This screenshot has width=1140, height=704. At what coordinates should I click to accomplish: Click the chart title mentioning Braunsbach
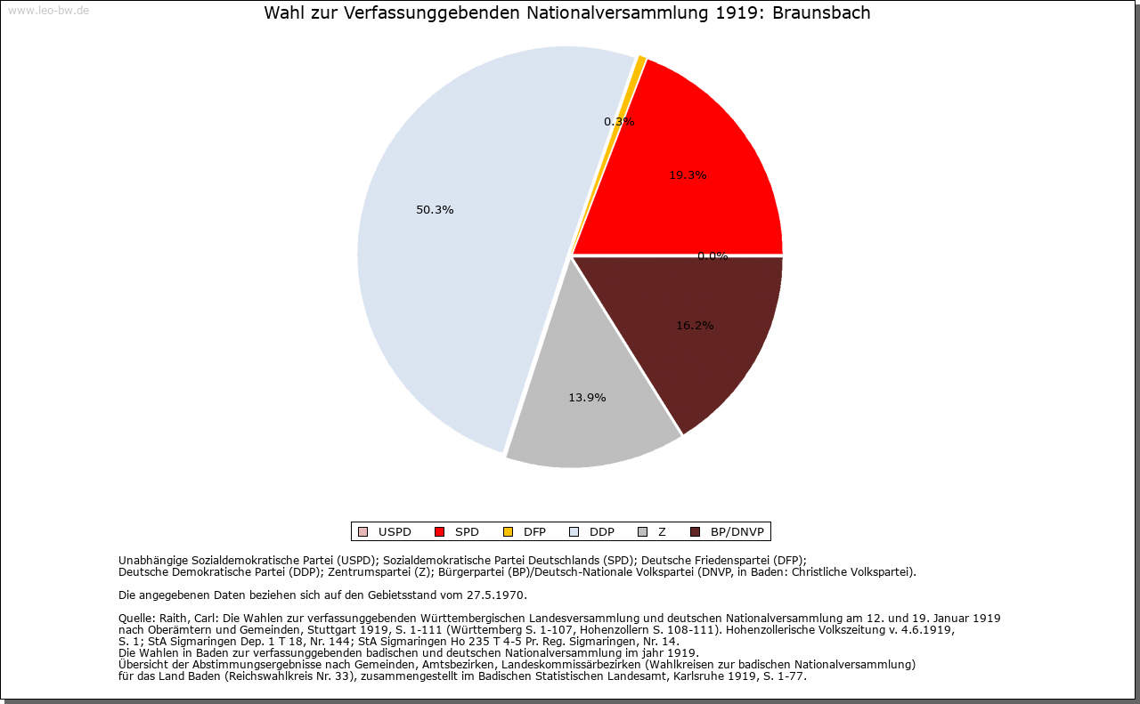[567, 13]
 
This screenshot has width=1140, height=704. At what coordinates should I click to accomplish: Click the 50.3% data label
[435, 210]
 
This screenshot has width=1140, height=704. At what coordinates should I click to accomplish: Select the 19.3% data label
[688, 175]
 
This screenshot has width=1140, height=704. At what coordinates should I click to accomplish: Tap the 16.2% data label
[695, 326]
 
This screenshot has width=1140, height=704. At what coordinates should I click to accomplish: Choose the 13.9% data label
[587, 398]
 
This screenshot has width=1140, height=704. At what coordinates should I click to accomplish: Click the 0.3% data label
[619, 122]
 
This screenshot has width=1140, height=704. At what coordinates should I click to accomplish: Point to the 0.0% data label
[712, 256]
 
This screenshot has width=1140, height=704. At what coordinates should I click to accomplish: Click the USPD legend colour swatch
[362, 532]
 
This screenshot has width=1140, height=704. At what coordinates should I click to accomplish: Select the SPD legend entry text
[467, 532]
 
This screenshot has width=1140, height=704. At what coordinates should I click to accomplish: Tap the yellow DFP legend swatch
[508, 532]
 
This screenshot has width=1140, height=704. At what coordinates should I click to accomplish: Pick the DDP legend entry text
[602, 532]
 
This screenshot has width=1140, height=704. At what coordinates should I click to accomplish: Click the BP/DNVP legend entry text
[737, 532]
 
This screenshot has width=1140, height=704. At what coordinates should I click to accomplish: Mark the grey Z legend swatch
[642, 532]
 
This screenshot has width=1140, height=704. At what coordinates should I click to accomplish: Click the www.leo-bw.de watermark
[48, 11]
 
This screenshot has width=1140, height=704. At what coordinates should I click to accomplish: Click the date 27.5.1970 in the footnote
[494, 595]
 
